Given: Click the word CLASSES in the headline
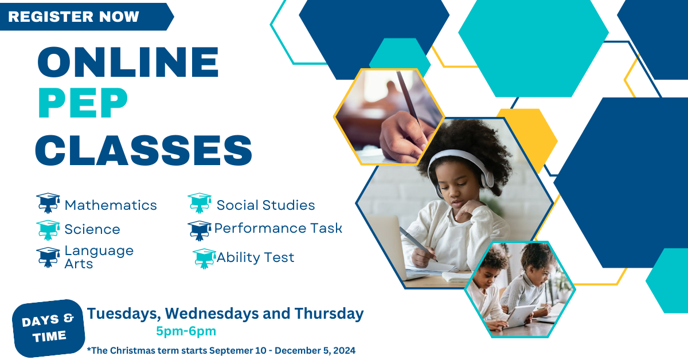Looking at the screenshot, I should point(143,150).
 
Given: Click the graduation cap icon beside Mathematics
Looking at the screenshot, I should point(48,204).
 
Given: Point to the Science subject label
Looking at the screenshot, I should point(92,229).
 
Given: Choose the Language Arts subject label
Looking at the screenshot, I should point(99,257).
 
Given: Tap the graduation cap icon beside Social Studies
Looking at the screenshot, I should point(200,203).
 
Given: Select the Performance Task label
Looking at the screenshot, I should point(278,228).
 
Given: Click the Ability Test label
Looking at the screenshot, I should point(255,257).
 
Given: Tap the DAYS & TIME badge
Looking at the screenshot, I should point(49,328).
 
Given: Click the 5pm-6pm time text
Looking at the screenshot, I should point(186,331).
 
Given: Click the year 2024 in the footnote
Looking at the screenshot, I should point(343,350).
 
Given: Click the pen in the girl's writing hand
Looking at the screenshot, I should point(417,244).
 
